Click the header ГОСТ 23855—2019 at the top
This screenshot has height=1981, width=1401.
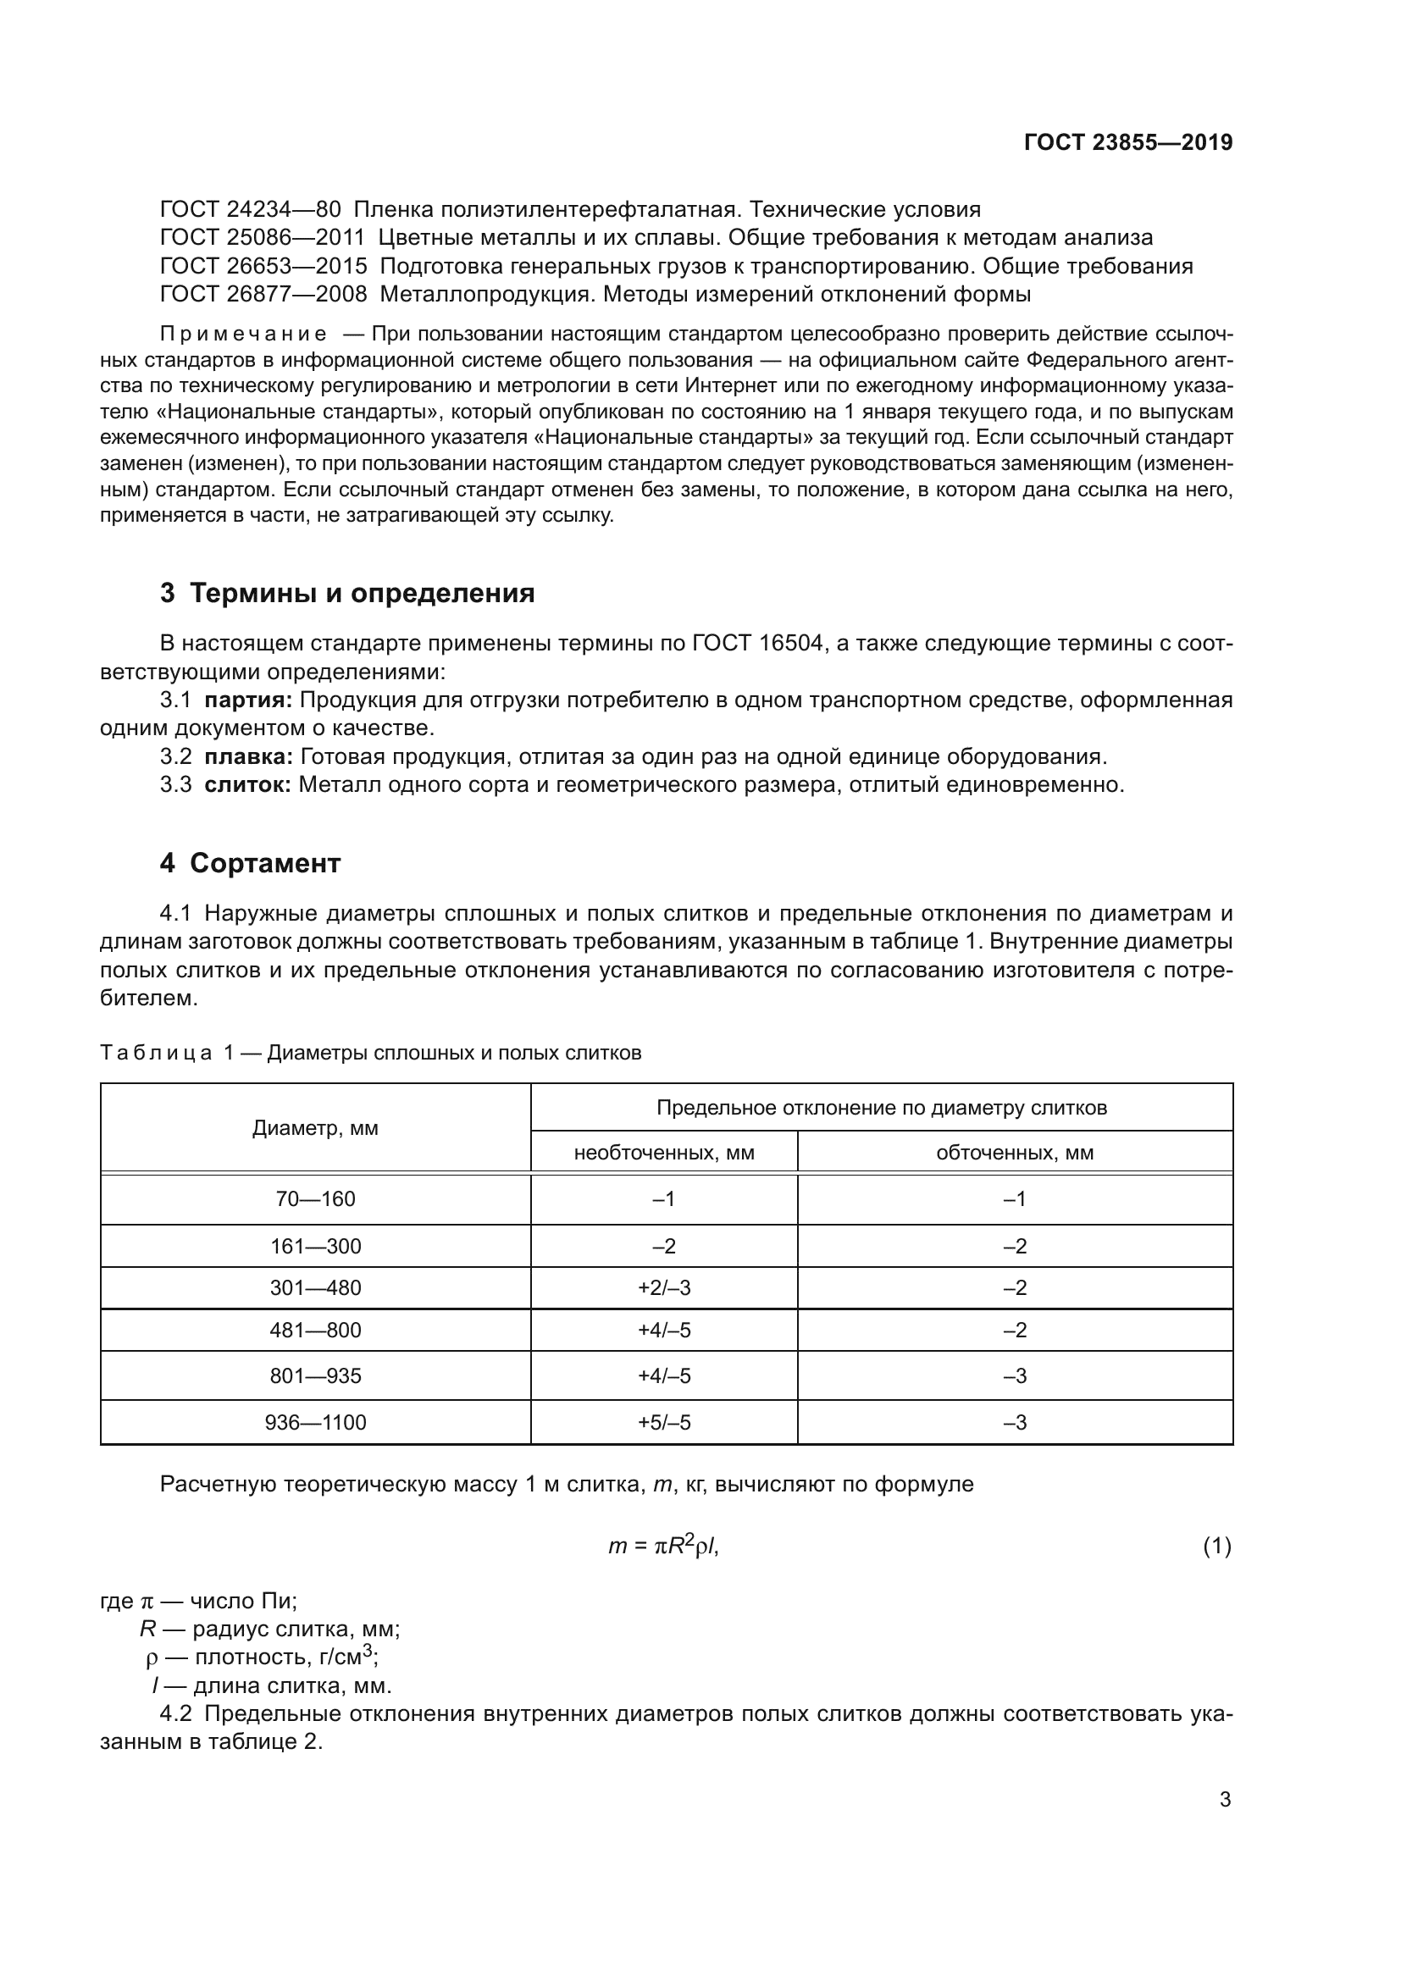(x=1127, y=142)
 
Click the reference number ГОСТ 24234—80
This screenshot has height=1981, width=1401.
(x=250, y=210)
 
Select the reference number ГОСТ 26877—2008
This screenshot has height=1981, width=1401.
(x=263, y=294)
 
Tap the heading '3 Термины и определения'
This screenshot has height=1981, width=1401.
(x=346, y=594)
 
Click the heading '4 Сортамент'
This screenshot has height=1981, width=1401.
(x=250, y=864)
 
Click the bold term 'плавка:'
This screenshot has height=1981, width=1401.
(x=248, y=756)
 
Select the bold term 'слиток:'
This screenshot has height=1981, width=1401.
(x=248, y=785)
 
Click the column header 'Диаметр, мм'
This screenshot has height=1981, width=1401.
(x=315, y=1128)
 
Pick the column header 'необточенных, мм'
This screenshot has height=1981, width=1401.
(x=663, y=1153)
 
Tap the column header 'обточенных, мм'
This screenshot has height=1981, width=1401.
(x=1015, y=1153)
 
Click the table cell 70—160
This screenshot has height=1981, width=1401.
(x=315, y=1199)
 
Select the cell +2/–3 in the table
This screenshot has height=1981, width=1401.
(x=663, y=1288)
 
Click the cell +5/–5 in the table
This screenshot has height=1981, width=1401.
(x=663, y=1423)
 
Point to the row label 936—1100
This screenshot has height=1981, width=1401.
(x=315, y=1423)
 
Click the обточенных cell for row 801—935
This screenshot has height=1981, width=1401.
(x=1015, y=1376)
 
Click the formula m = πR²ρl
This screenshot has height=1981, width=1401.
(x=662, y=1546)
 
